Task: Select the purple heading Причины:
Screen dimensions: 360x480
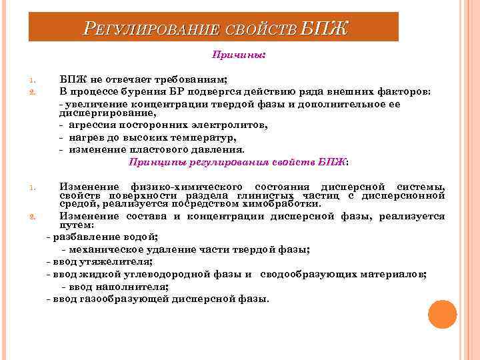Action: coord(238,56)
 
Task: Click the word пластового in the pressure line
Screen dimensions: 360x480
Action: coord(155,149)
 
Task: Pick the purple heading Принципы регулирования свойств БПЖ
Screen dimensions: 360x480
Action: coord(238,161)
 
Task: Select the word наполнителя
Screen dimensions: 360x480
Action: coord(134,287)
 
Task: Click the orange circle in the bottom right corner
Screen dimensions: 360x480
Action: coord(442,314)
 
